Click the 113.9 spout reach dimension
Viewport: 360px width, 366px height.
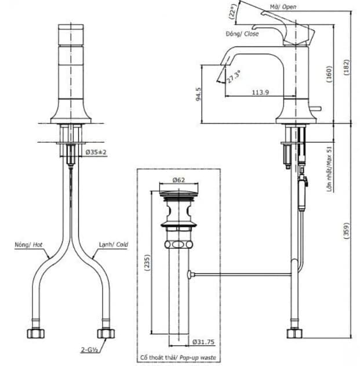click(x=260, y=92)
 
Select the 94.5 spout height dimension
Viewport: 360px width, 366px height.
click(x=198, y=93)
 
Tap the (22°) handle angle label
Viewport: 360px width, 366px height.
click(x=233, y=13)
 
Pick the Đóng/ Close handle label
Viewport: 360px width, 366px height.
click(x=242, y=34)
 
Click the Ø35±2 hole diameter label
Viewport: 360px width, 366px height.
click(x=96, y=152)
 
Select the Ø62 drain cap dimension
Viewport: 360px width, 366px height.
click(x=179, y=180)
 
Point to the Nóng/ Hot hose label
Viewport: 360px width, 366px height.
click(x=29, y=245)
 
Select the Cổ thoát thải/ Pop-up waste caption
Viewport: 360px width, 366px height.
click(x=178, y=358)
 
